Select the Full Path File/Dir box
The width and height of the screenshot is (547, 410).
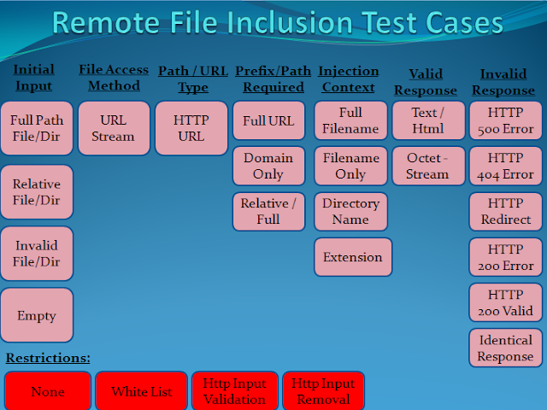coord(37,128)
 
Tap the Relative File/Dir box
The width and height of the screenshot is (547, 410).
coord(37,191)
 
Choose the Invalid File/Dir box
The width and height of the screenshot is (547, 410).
coord(37,253)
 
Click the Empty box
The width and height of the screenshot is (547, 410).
coord(37,315)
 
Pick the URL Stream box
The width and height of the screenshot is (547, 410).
coord(114,128)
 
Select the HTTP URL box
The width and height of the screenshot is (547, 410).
coord(191,128)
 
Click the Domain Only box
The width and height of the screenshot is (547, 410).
coord(268,166)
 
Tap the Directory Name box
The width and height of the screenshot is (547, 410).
coord(350,211)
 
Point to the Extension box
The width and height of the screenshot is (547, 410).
coord(353,257)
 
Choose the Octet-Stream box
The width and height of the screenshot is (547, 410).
coord(427,166)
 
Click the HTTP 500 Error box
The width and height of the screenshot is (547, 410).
coord(505,120)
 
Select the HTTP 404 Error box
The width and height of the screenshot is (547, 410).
coord(505,166)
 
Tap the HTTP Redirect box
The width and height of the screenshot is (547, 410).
coord(505,212)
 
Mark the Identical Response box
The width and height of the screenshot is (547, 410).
coord(505,348)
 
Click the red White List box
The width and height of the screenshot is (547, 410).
coord(141,392)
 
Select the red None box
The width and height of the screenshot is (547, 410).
coord(48,392)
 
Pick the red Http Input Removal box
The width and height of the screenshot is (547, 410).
coord(323,392)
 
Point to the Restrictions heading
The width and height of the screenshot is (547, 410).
coord(48,358)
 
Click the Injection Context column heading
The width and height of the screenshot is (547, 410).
coord(347,79)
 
